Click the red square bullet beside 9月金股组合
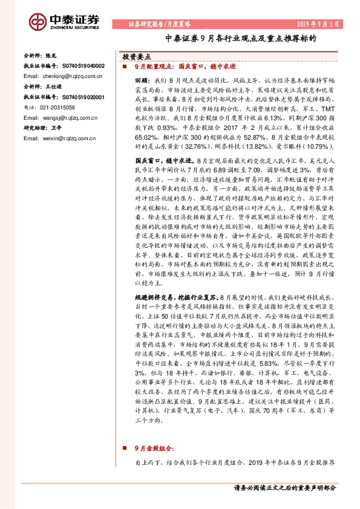coord(125,449)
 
